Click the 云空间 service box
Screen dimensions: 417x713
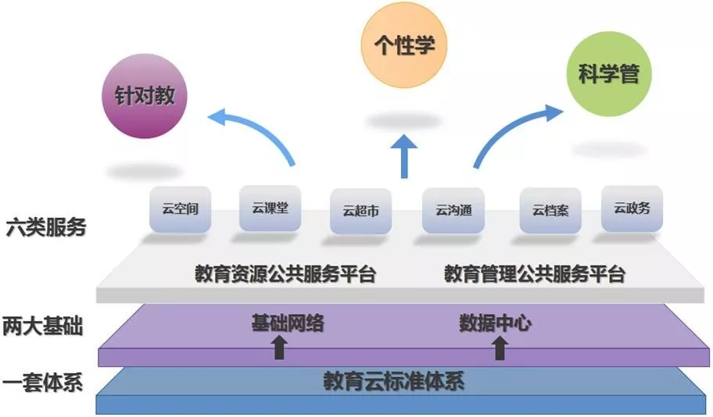pyautogui.click(x=180, y=208)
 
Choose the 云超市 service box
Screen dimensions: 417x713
pyautogui.click(x=361, y=211)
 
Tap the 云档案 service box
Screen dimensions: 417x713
pyautogui.click(x=550, y=209)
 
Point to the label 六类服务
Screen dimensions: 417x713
pyautogui.click(x=45, y=228)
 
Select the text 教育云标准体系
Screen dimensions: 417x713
pyautogui.click(x=394, y=382)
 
